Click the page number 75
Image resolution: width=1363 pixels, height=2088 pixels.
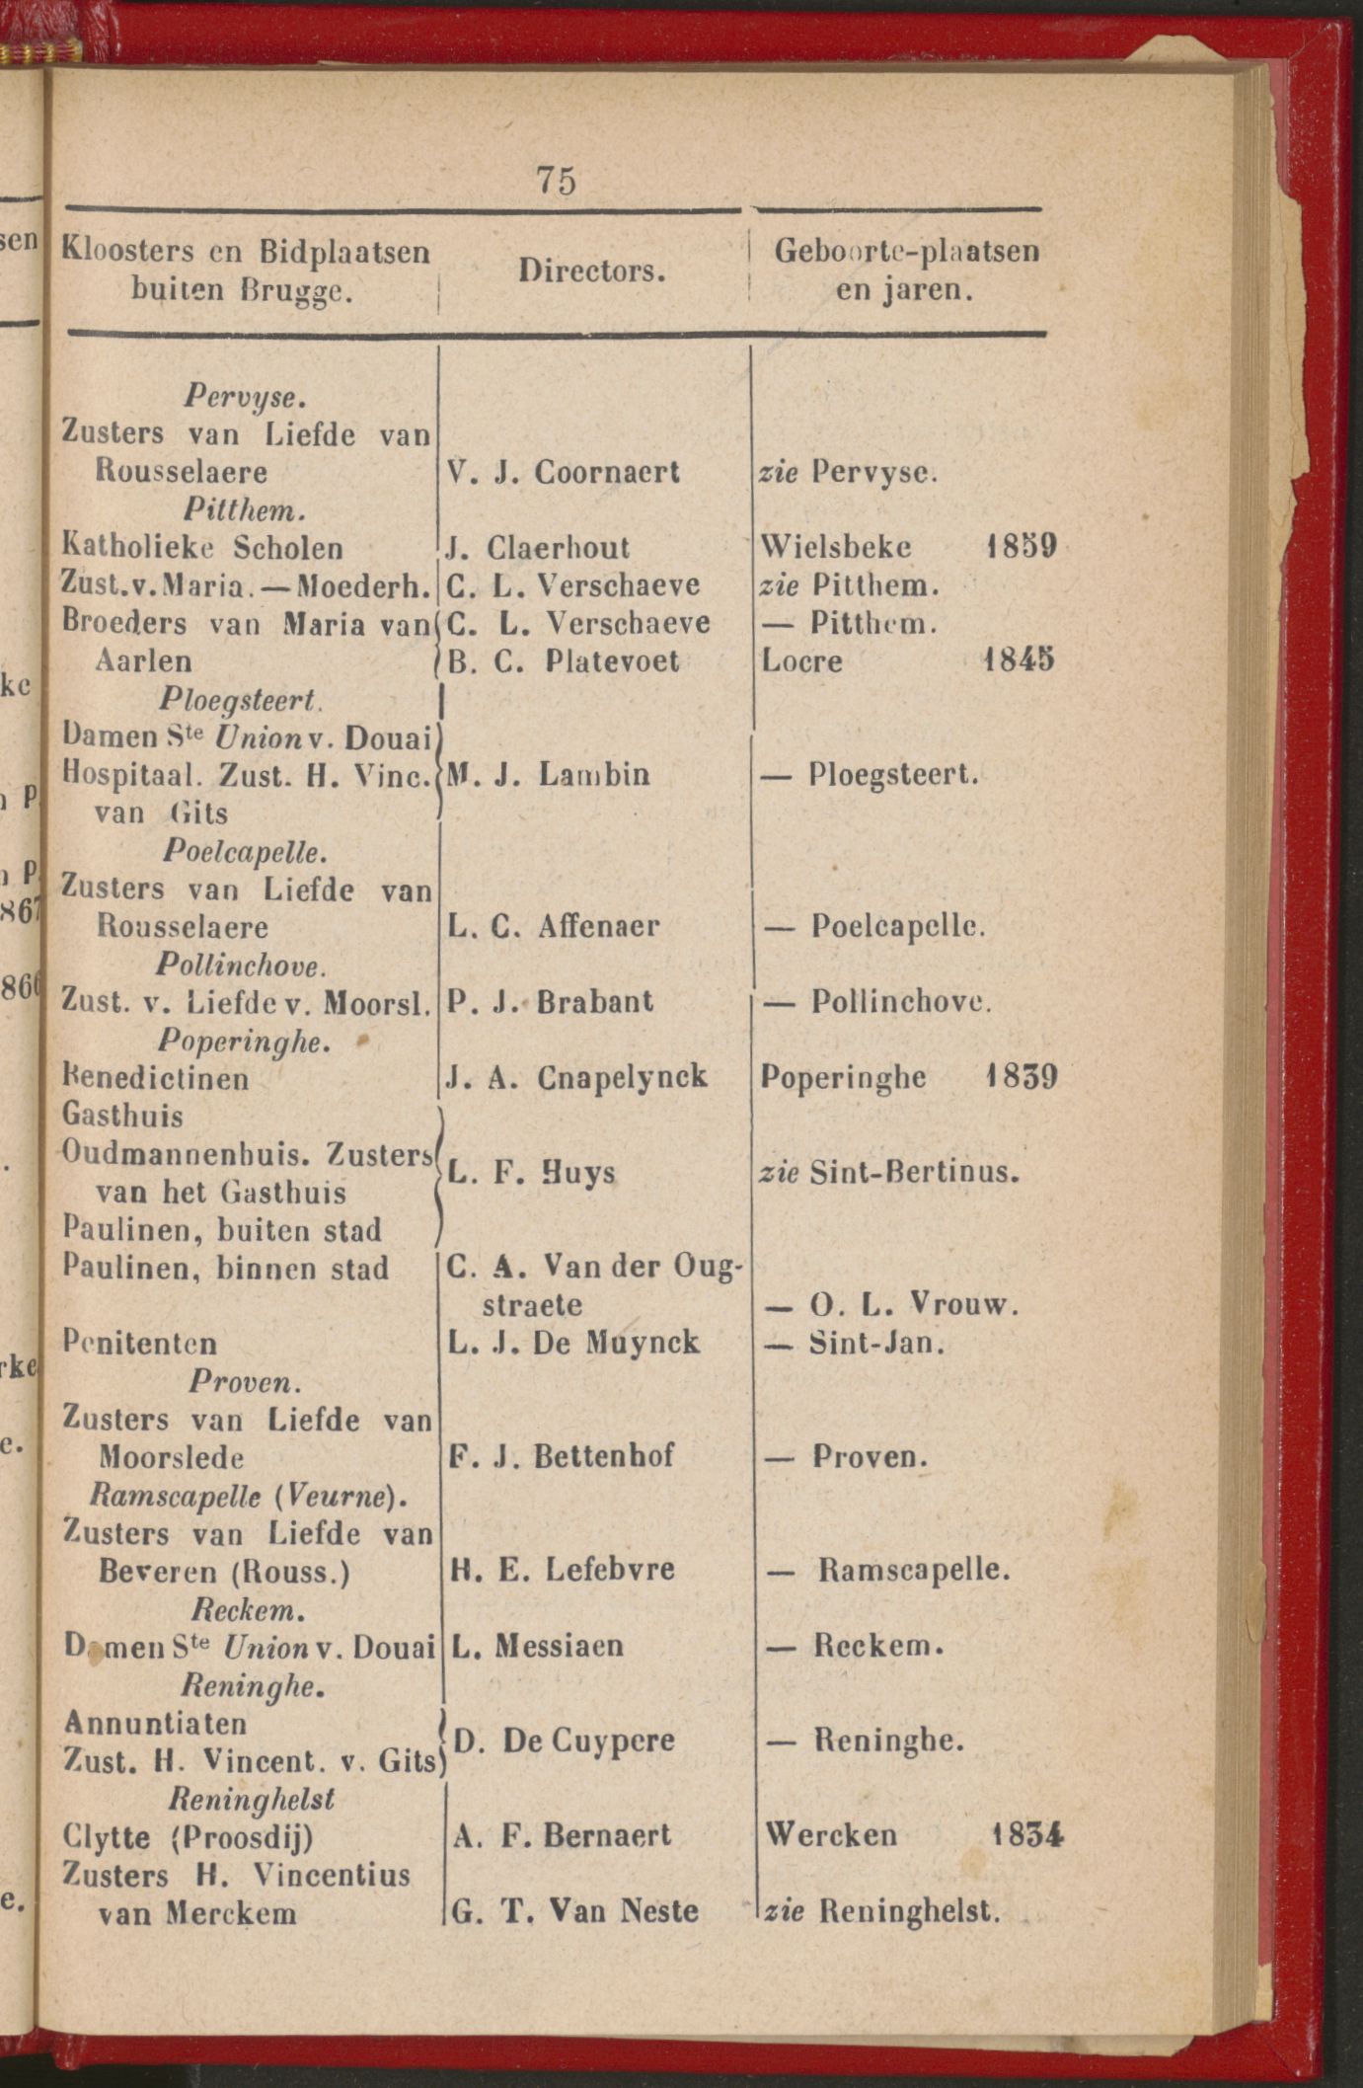557,181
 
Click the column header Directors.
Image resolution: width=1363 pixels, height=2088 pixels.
592,271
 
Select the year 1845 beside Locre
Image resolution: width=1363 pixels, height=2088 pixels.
1020,658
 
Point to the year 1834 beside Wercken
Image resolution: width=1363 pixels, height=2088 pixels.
1026,1834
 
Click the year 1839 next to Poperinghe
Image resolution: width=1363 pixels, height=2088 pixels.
1022,1076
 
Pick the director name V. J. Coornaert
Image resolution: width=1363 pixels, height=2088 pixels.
564,472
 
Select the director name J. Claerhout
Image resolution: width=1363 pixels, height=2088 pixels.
538,547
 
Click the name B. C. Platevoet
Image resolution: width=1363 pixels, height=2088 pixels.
564,660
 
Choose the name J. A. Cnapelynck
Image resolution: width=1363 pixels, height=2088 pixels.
576,1077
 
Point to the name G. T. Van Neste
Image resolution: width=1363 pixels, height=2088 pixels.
575,1911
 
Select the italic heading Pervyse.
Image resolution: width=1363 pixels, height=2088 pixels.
245,397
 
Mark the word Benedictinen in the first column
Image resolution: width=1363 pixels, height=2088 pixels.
155,1078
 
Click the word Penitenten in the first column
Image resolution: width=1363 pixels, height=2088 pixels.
139,1343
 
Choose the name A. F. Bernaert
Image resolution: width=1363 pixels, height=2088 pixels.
563,1835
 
